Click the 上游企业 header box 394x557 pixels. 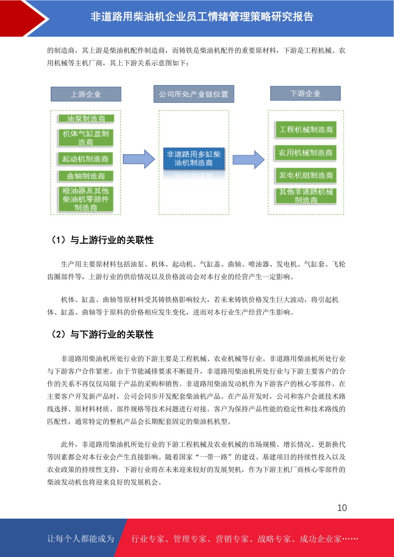pyautogui.click(x=86, y=94)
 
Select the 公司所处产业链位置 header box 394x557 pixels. pyautogui.click(x=194, y=94)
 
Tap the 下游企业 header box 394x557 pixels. pyautogui.click(x=305, y=93)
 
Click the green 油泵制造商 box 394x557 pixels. pyautogui.click(x=86, y=119)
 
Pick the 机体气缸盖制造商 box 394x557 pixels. pyautogui.click(x=86, y=138)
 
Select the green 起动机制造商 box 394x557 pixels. pyautogui.click(x=85, y=159)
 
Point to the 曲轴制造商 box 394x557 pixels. pyautogui.click(x=86, y=176)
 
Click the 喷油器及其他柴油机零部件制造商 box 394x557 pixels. pyautogui.click(x=86, y=199)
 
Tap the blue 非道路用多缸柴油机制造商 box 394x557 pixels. pyautogui.click(x=194, y=158)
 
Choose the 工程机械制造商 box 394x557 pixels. pyautogui.click(x=306, y=130)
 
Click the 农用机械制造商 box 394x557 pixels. pyautogui.click(x=305, y=153)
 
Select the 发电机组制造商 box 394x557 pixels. pyautogui.click(x=306, y=175)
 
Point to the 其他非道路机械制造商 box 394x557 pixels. pyautogui.click(x=306, y=196)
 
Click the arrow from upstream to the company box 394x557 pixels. pyautogui.click(x=139, y=159)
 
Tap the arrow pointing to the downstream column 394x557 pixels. pyautogui.click(x=248, y=160)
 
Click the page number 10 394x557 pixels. pyautogui.click(x=342, y=508)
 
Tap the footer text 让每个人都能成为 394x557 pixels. pyautogui.click(x=81, y=538)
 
